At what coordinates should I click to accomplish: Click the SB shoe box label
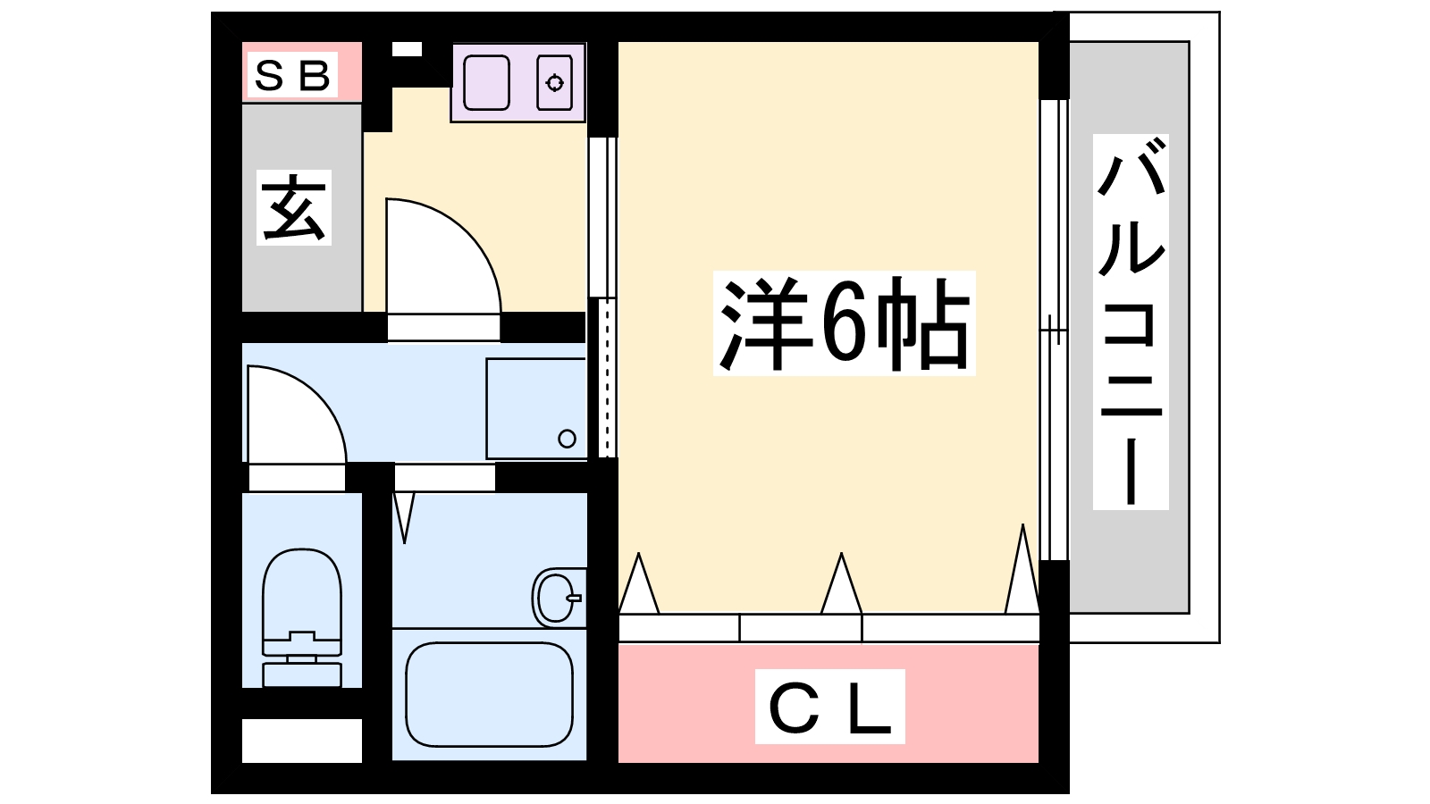pyautogui.click(x=292, y=75)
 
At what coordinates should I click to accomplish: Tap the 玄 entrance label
pyautogui.click(x=294, y=207)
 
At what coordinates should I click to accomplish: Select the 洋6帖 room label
pyautogui.click(x=844, y=323)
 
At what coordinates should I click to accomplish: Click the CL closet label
pyautogui.click(x=830, y=707)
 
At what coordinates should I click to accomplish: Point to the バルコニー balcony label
pyautogui.click(x=1131, y=322)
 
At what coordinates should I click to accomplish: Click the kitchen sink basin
pyautogui.click(x=486, y=83)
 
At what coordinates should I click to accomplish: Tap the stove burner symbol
pyautogui.click(x=554, y=83)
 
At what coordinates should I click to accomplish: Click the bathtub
pyautogui.click(x=489, y=694)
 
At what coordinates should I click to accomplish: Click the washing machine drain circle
pyautogui.click(x=567, y=439)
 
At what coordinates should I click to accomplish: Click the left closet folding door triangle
pyautogui.click(x=638, y=584)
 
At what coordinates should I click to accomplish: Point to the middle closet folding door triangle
pyautogui.click(x=841, y=584)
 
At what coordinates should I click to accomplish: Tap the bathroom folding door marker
pyautogui.click(x=404, y=517)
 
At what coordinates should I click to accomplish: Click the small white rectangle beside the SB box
pyautogui.click(x=407, y=49)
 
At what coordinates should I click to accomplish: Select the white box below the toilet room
pyautogui.click(x=302, y=741)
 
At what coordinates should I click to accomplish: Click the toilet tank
pyautogui.click(x=302, y=674)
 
